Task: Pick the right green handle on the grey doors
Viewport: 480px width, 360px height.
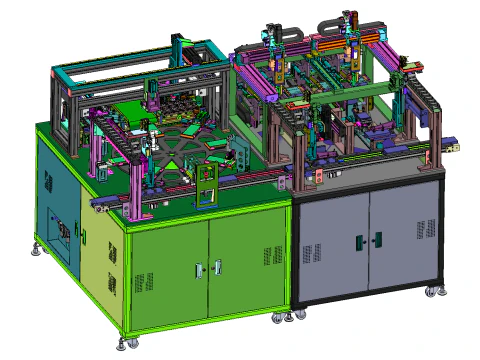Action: point(377,239)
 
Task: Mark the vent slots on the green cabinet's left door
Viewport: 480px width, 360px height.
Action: point(144,283)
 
